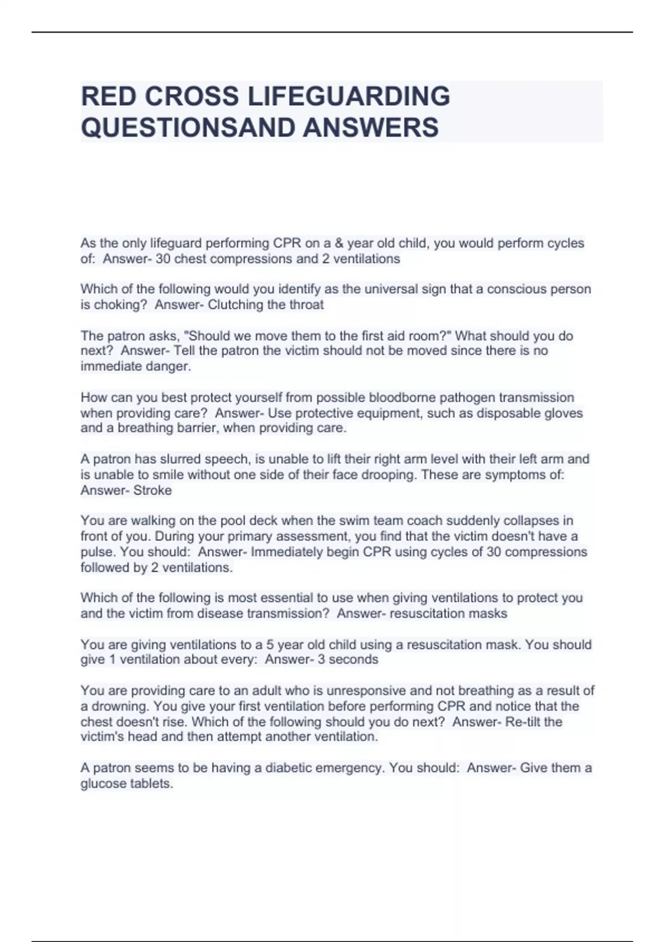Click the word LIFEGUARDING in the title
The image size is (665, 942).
point(348,96)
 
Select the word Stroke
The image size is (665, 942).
point(152,490)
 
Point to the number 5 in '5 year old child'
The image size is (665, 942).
point(270,644)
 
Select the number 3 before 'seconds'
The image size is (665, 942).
point(321,659)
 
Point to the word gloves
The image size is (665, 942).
point(562,413)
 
